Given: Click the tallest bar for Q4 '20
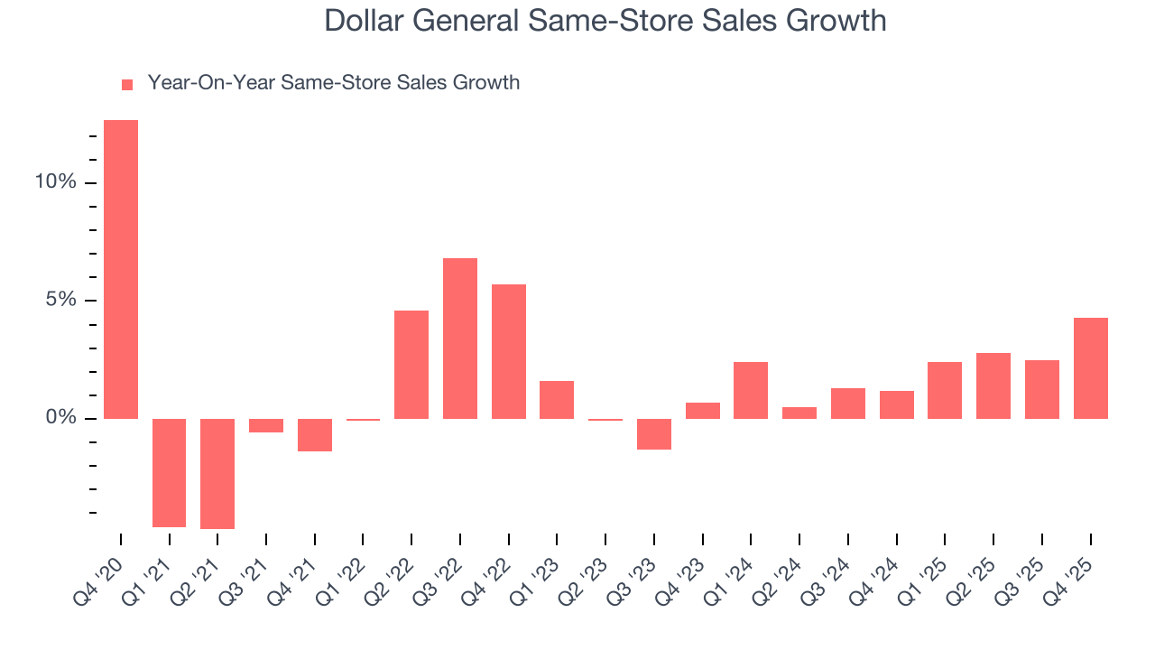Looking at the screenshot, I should point(121,269).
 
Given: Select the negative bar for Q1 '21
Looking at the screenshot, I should point(169,472).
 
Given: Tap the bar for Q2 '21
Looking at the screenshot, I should point(217,473).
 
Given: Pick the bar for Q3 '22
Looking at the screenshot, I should point(460,339).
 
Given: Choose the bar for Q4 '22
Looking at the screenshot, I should point(509,351).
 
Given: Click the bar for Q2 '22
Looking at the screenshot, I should point(411,365).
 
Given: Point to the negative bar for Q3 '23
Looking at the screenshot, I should point(654,434).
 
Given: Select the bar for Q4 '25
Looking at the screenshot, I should point(1091,368).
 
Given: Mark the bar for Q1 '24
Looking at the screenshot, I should point(751,390).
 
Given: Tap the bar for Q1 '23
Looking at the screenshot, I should point(557,400).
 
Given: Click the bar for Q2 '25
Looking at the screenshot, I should point(993,385).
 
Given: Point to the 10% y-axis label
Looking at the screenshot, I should point(55,182).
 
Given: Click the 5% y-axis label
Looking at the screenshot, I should point(60,301).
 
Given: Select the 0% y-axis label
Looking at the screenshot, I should point(60,418).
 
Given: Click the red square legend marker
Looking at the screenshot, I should point(127,84).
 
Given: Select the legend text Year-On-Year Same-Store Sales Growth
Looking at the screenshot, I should point(333,83).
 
